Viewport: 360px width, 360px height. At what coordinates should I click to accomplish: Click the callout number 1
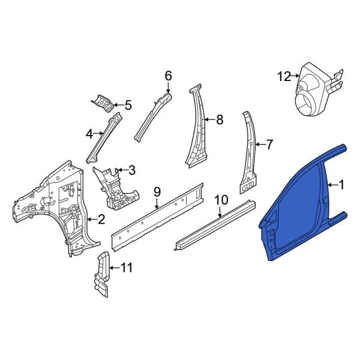pos(342,185)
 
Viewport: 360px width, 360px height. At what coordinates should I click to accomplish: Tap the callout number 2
pos(101,220)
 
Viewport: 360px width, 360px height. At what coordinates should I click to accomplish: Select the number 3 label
pos(132,170)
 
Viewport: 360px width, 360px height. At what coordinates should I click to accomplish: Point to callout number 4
pos(89,134)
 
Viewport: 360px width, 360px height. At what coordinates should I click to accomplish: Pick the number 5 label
pos(128,106)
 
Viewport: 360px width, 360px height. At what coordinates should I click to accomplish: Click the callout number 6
pos(168,76)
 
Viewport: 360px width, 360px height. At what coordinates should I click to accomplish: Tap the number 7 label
pos(269,145)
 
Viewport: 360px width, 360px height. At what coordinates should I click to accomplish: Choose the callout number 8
pos(220,119)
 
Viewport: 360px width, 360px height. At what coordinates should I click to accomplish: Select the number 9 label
pos(157,192)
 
